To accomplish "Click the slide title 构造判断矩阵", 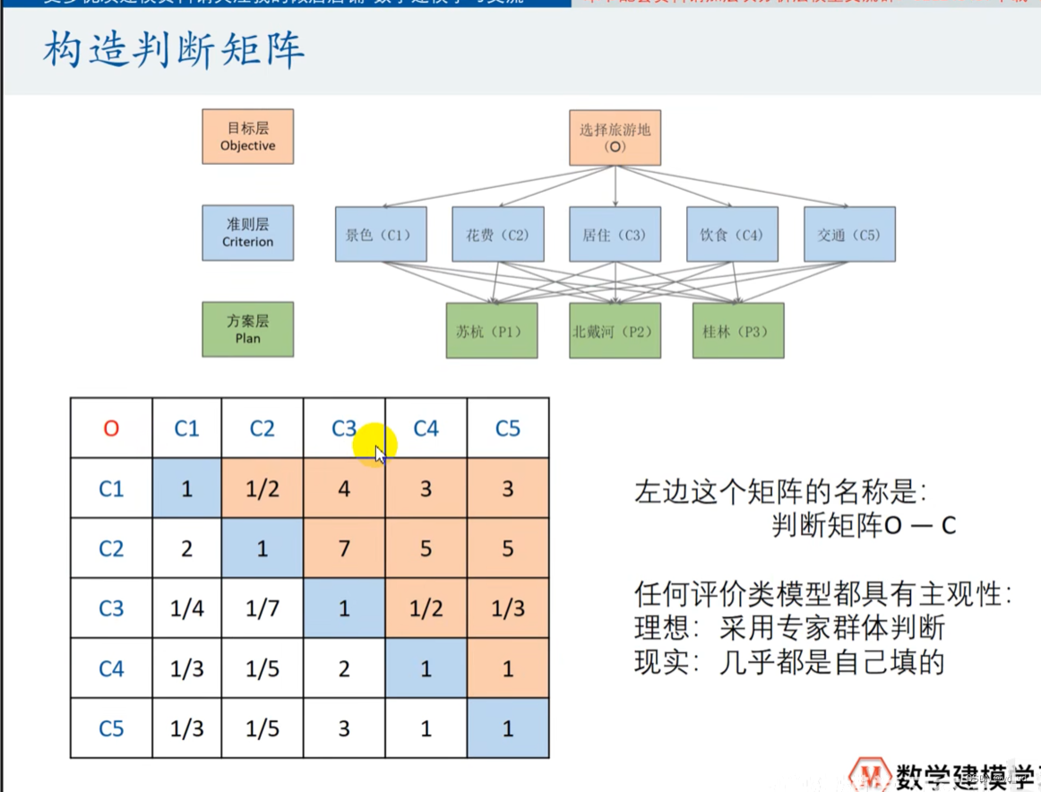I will pos(174,52).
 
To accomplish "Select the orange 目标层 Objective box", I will pos(247,136).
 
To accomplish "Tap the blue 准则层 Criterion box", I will pos(247,233).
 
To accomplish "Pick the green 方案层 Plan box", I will pos(247,329).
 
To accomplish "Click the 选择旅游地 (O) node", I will pos(615,137).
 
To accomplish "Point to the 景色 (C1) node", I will pos(381,235).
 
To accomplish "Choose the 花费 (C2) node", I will pos(497,235).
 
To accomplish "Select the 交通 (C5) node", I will pos(848,235).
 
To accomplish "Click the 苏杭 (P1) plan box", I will pos(491,331).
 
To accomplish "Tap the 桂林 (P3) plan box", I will pos(737,331).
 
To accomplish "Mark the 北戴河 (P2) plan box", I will pos(615,331).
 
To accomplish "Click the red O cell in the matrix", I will pos(111,428).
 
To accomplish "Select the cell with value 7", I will pos(344,548).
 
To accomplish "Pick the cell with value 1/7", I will pos(262,608).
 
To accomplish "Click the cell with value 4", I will pos(344,488).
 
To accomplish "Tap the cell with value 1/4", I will pos(186,608).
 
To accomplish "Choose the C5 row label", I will pos(111,727).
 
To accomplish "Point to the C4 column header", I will pos(426,428).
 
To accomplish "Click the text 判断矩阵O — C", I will pos(863,525).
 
